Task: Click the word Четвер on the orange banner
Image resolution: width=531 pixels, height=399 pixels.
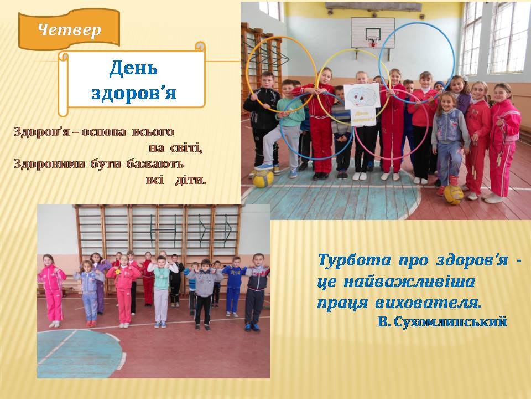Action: [x=70, y=30]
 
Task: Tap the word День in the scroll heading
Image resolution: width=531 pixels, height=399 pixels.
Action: [x=133, y=68]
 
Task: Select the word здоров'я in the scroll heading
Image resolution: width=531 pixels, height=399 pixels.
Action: [x=134, y=93]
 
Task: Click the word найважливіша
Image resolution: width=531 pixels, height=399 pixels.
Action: [x=409, y=282]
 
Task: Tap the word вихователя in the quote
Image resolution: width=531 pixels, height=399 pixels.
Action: [x=428, y=303]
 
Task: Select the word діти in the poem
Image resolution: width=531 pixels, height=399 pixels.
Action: [x=191, y=180]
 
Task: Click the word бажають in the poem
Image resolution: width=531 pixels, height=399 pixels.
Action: [x=155, y=164]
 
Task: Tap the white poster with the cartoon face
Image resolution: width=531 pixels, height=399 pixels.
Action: [x=362, y=105]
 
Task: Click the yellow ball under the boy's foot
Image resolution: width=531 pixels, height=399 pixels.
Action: [x=263, y=178]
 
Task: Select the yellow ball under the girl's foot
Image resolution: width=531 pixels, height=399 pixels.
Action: [x=454, y=195]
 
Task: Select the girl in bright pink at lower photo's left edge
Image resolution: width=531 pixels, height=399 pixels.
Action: [x=53, y=290]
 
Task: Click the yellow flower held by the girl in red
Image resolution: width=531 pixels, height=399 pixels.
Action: [x=117, y=272]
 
